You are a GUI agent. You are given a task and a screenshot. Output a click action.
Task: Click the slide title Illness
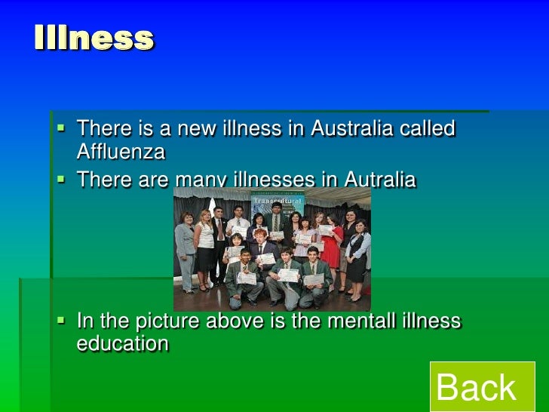click(94, 38)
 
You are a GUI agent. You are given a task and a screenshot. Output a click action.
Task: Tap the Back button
click(476, 388)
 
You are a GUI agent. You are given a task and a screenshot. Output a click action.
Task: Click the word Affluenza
click(121, 151)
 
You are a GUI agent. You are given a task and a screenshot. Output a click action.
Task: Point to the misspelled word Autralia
click(380, 180)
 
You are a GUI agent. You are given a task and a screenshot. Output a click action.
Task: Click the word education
click(122, 343)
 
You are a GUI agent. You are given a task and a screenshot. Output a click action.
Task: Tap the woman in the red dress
click(332, 249)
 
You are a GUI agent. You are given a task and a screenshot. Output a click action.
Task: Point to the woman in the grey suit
click(185, 245)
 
